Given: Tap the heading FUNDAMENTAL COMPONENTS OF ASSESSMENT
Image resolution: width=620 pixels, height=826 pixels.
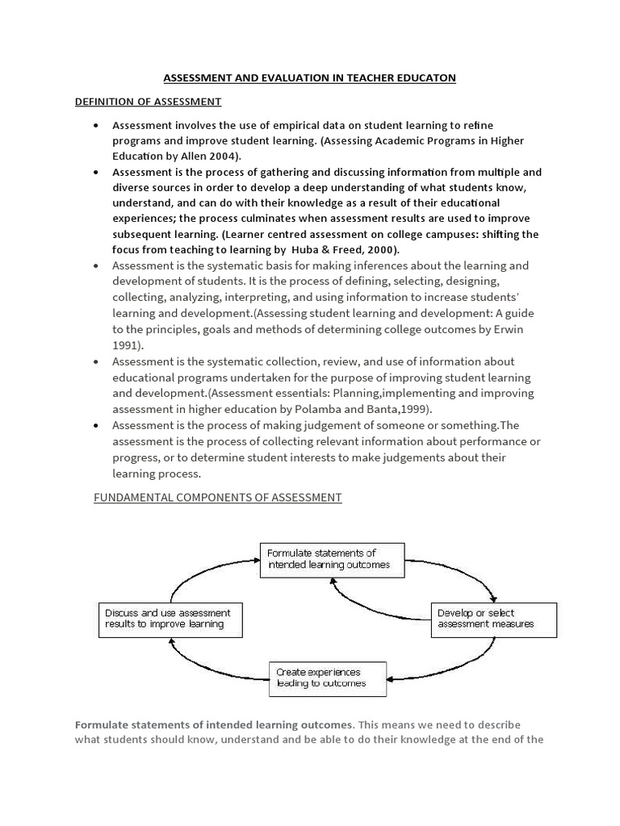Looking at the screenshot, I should [x=218, y=498].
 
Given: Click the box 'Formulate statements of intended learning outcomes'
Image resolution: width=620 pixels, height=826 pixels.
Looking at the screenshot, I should [x=331, y=559].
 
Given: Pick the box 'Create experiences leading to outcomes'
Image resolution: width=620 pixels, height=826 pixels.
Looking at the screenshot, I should [x=327, y=678].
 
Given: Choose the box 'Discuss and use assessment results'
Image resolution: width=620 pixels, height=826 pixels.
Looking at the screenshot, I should [x=168, y=619].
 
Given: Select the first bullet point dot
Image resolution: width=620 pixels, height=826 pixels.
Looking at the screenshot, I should [x=96, y=126].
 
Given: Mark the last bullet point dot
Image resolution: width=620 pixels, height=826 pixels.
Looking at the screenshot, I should [x=96, y=425].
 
